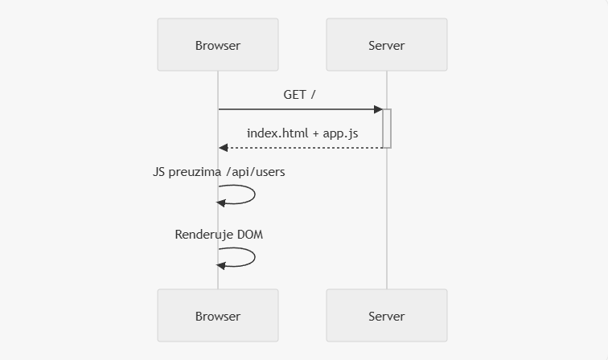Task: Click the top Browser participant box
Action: coord(218,44)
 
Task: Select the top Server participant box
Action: coord(387,44)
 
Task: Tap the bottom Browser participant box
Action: coord(218,316)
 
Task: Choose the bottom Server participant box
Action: coord(387,316)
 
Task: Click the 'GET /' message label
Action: coord(299,95)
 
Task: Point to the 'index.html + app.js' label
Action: coord(302,133)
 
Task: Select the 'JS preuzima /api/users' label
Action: coord(219,172)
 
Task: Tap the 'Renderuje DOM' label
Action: coord(219,235)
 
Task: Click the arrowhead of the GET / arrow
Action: coord(378,109)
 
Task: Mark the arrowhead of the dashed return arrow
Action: coord(223,148)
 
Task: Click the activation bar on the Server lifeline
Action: coord(387,129)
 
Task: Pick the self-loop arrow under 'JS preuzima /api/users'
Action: coord(255,194)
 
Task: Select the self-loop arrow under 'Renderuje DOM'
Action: coord(255,257)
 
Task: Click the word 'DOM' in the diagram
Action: coord(250,235)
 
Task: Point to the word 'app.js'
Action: coord(340,133)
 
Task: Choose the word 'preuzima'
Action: coord(195,172)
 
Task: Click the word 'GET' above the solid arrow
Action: coord(294,95)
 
